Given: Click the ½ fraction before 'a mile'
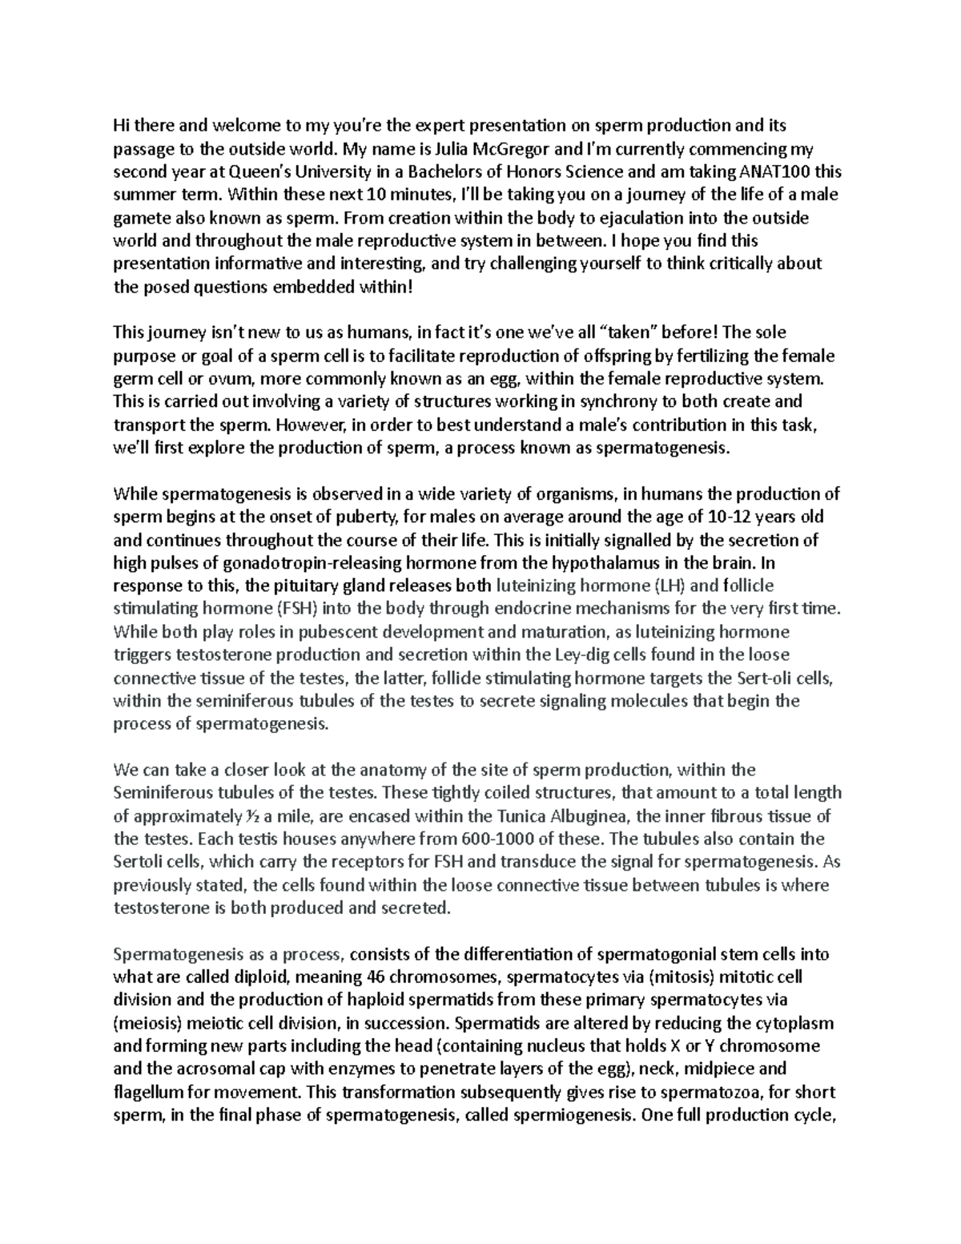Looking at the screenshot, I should pyautogui.click(x=252, y=817).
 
